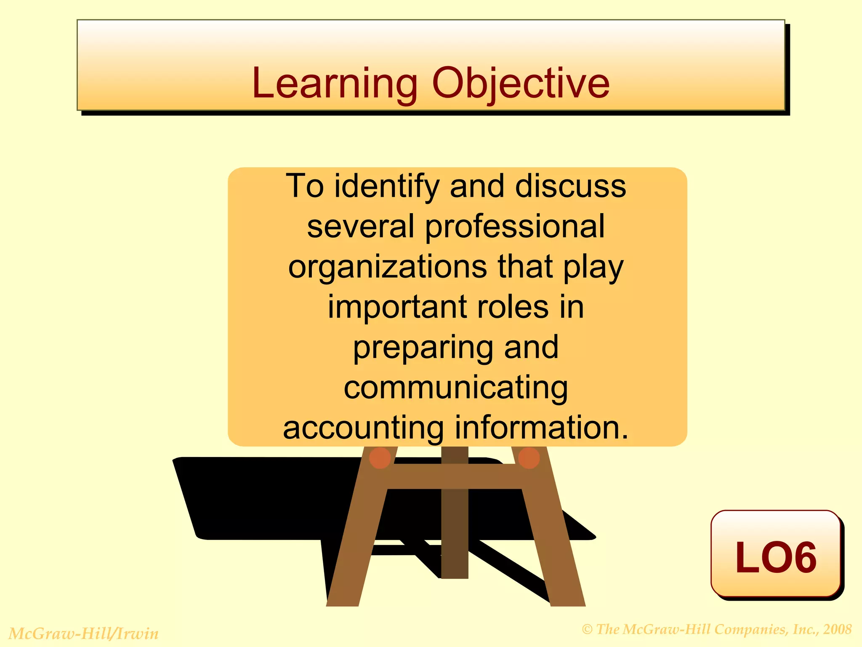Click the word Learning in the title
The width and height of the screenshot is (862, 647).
(x=335, y=84)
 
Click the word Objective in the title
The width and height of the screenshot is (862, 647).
(x=520, y=84)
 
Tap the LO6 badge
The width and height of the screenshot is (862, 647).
(x=775, y=555)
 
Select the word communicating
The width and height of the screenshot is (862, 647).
(x=455, y=388)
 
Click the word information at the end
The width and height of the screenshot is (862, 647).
(x=542, y=428)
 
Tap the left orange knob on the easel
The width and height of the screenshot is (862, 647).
(x=380, y=458)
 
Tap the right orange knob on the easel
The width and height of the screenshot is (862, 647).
(x=529, y=458)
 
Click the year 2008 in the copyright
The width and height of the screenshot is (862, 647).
(x=838, y=629)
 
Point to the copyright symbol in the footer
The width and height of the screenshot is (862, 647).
(x=587, y=630)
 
